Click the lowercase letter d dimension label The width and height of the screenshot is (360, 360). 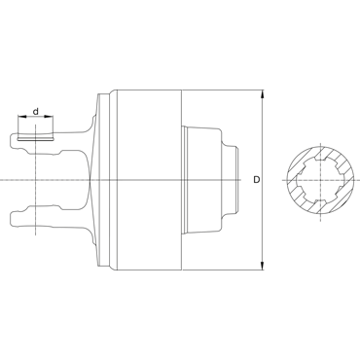[36, 112]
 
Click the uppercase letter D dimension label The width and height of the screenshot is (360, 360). [257, 180]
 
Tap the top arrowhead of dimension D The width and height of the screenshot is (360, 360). [263, 94]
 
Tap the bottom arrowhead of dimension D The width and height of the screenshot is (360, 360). [263, 266]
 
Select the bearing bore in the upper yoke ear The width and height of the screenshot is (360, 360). [35, 140]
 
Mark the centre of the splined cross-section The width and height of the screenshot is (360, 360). [320, 180]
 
